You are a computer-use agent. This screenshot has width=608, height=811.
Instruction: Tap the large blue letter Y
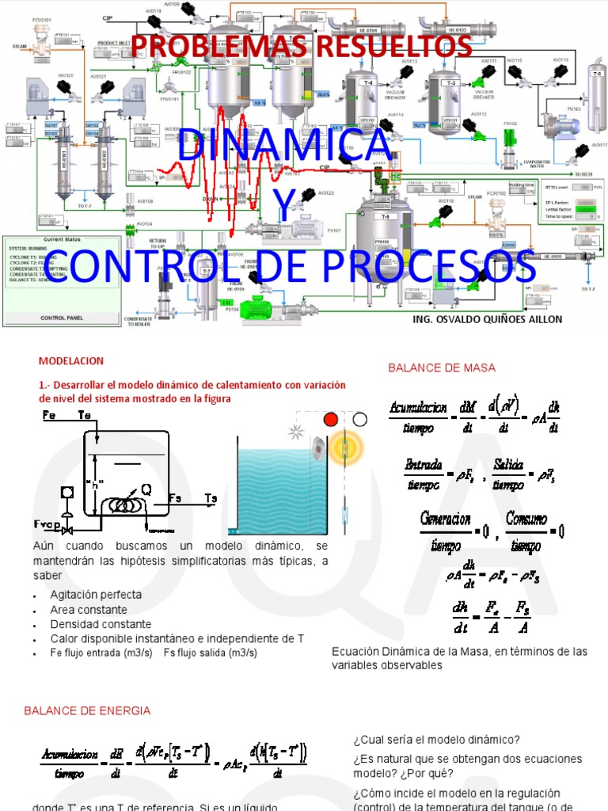[x=283, y=208]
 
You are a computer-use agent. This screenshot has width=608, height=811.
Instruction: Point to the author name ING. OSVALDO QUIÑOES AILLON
[x=488, y=318]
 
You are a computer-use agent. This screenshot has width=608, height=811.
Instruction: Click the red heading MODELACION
[x=71, y=361]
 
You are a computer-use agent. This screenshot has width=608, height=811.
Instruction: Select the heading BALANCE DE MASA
[x=441, y=367]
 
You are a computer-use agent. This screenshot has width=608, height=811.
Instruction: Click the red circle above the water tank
[x=331, y=419]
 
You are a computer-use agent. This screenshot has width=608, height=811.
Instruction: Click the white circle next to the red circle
[x=360, y=419]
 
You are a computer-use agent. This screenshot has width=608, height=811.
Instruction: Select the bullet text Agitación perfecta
[x=96, y=594]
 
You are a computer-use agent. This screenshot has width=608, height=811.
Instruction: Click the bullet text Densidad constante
[x=101, y=624]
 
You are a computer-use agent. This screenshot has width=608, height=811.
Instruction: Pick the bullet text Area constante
[x=89, y=609]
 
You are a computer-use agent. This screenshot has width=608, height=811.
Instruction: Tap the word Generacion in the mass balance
[x=446, y=520]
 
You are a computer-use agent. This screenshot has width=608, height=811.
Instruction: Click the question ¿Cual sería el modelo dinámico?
[x=436, y=740]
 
